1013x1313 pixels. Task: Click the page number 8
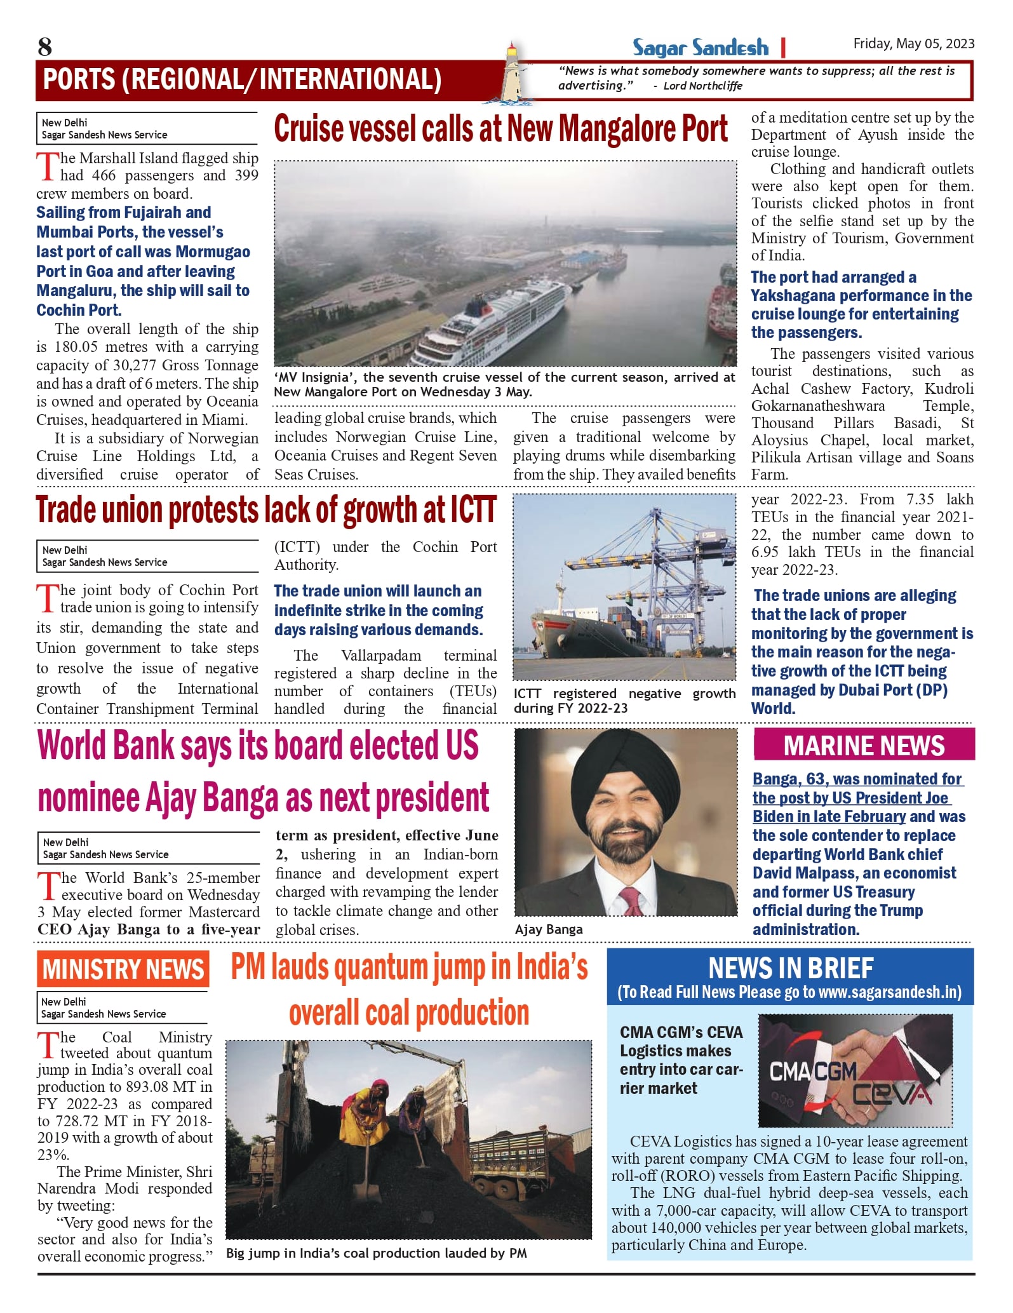click(x=44, y=47)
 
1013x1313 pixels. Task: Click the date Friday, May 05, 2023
click(x=913, y=44)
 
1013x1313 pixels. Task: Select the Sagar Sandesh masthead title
click(x=700, y=48)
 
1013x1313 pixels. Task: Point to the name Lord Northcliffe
click(x=702, y=86)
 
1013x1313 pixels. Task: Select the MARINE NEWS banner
click(x=864, y=745)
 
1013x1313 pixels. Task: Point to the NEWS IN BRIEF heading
click(x=790, y=968)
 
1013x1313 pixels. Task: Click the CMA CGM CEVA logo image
click(x=855, y=1070)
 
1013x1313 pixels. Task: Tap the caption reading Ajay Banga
click(x=549, y=929)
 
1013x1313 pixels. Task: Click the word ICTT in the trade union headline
click(x=473, y=511)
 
